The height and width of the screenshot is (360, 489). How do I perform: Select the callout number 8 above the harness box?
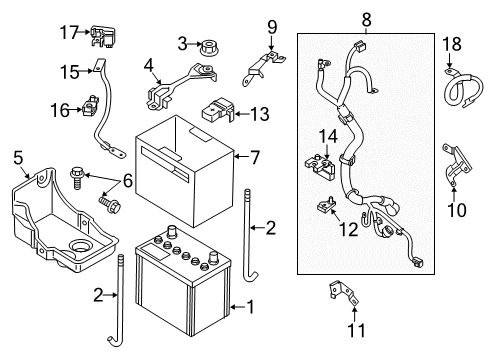coord(366,17)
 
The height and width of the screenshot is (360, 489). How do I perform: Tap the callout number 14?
coord(326,136)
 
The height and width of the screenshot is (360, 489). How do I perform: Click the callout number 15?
coord(68,72)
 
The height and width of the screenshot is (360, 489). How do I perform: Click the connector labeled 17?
coord(99,37)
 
